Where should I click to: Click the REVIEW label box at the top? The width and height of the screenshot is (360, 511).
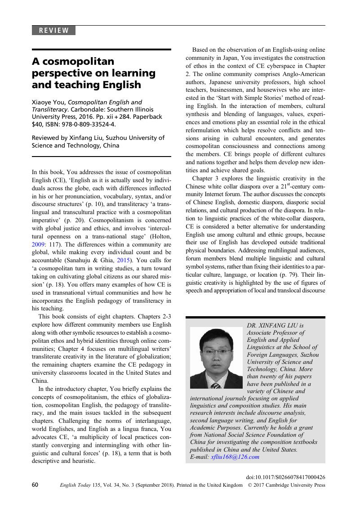pyautogui.click(x=53, y=31)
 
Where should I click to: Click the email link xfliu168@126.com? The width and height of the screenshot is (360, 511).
pyautogui.click(x=235, y=457)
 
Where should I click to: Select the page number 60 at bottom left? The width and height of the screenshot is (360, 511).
pyautogui.click(x=36, y=485)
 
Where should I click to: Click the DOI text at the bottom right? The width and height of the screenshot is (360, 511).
pyautogui.click(x=286, y=476)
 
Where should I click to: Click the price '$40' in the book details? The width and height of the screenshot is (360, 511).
pyautogui.click(x=37, y=124)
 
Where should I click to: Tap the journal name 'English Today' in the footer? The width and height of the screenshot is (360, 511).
pyautogui.click(x=72, y=485)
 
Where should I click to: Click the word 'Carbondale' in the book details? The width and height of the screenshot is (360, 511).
pyautogui.click(x=64, y=109)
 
